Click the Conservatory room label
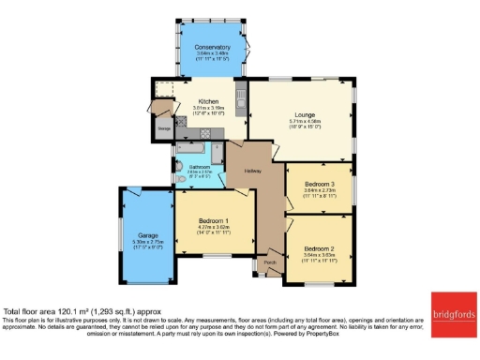(213, 48)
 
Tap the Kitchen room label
(209, 101)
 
